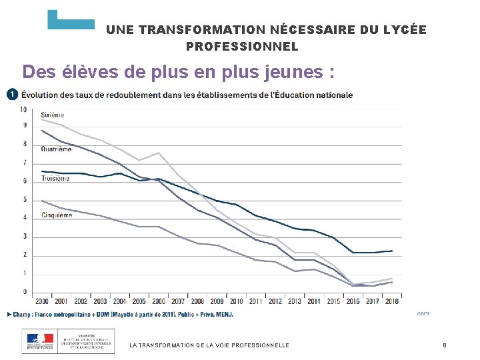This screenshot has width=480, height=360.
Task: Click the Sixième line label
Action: pos(53,115)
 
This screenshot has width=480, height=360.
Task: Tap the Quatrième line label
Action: pos(56,149)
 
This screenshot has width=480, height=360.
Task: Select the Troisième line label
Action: pos(55,179)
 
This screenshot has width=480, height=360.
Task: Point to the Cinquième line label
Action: pos(57,215)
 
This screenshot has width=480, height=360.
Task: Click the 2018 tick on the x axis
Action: pos(392,301)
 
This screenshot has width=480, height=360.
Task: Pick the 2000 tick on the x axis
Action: pos(41,301)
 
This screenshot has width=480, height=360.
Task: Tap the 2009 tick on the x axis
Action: pos(217,301)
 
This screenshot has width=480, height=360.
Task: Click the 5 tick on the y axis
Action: pos(25,200)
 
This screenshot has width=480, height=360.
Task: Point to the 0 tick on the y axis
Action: pos(25,292)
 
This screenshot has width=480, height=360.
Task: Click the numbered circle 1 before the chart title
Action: pos(11,95)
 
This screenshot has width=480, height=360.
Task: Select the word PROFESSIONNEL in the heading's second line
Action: pos(242,47)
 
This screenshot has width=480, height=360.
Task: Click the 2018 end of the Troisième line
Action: pos(392,251)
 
